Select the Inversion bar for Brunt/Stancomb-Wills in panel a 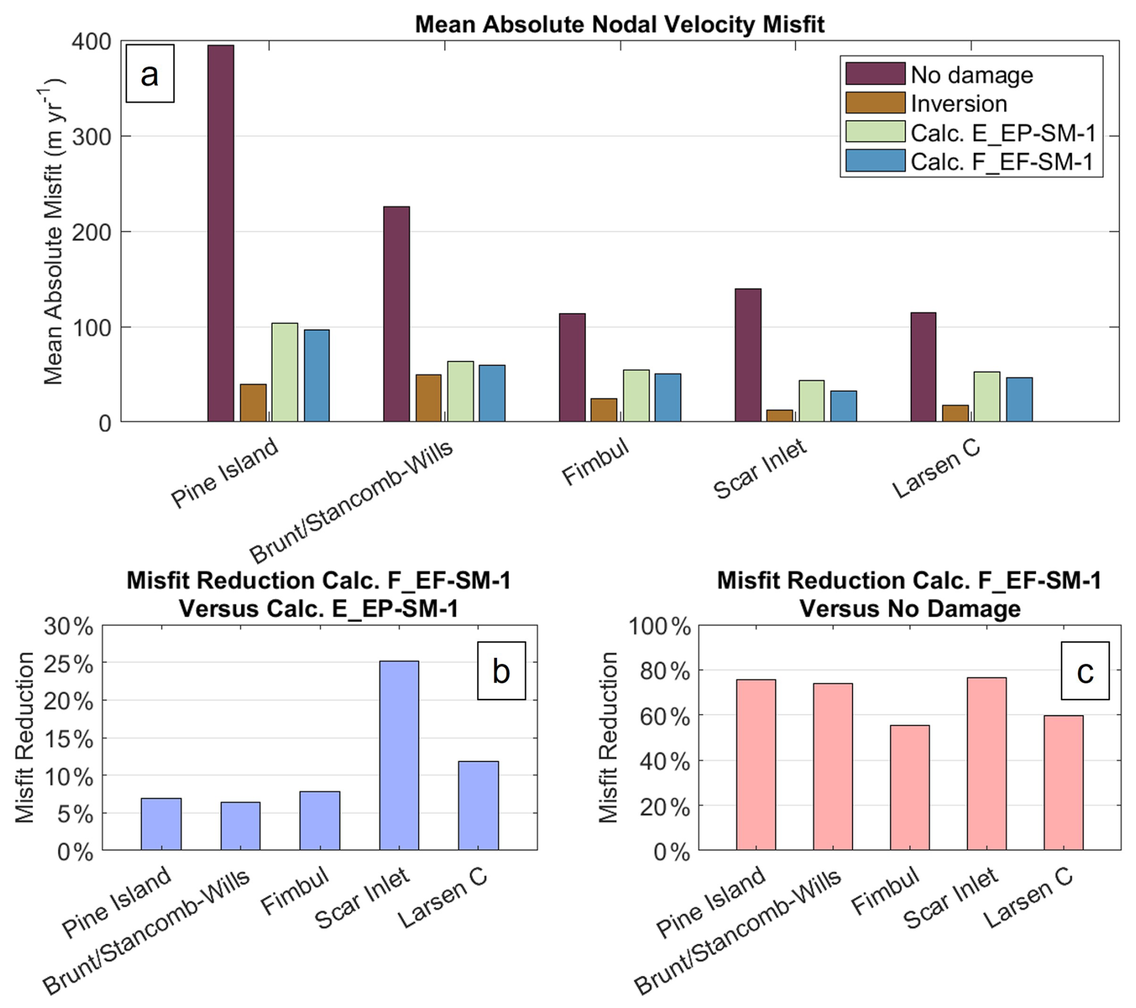pyautogui.click(x=428, y=398)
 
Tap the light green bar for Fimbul pyautogui.click(x=636, y=396)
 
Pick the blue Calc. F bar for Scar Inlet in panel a pyautogui.click(x=844, y=406)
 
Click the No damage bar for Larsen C pyautogui.click(x=923, y=367)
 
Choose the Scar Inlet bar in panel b pyautogui.click(x=399, y=755)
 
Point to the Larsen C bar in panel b pyautogui.click(x=478, y=805)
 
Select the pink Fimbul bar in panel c pyautogui.click(x=910, y=787)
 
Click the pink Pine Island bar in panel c pyautogui.click(x=756, y=764)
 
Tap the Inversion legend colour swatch pyautogui.click(x=875, y=103)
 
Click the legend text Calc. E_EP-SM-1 pyautogui.click(x=1003, y=133)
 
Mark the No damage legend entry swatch pyautogui.click(x=875, y=74)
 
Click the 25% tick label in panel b pyautogui.click(x=68, y=664)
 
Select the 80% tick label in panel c pyautogui.click(x=665, y=671)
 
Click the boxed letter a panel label pyautogui.click(x=150, y=74)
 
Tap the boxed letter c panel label pyautogui.click(x=1084, y=671)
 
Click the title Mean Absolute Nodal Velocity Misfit pyautogui.click(x=619, y=25)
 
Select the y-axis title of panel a pyautogui.click(x=54, y=231)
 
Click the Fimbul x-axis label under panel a pyautogui.click(x=595, y=463)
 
